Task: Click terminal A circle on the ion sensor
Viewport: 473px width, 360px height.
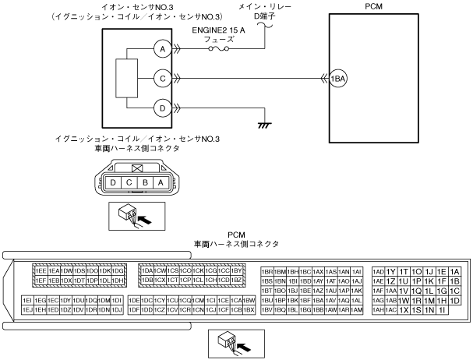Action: pyautogui.click(x=163, y=49)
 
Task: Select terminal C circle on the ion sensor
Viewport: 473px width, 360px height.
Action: pyautogui.click(x=163, y=77)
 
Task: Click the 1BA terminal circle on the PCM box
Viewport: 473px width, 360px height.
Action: pyautogui.click(x=337, y=77)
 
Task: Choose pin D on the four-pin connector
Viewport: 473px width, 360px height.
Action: pyautogui.click(x=115, y=184)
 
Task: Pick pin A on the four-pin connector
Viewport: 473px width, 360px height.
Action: pyautogui.click(x=160, y=184)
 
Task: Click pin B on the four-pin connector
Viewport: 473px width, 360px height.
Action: pyautogui.click(x=145, y=184)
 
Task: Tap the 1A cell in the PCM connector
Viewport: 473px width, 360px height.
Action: pyautogui.click(x=455, y=270)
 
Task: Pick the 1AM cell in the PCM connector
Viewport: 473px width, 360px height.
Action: pyautogui.click(x=358, y=309)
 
